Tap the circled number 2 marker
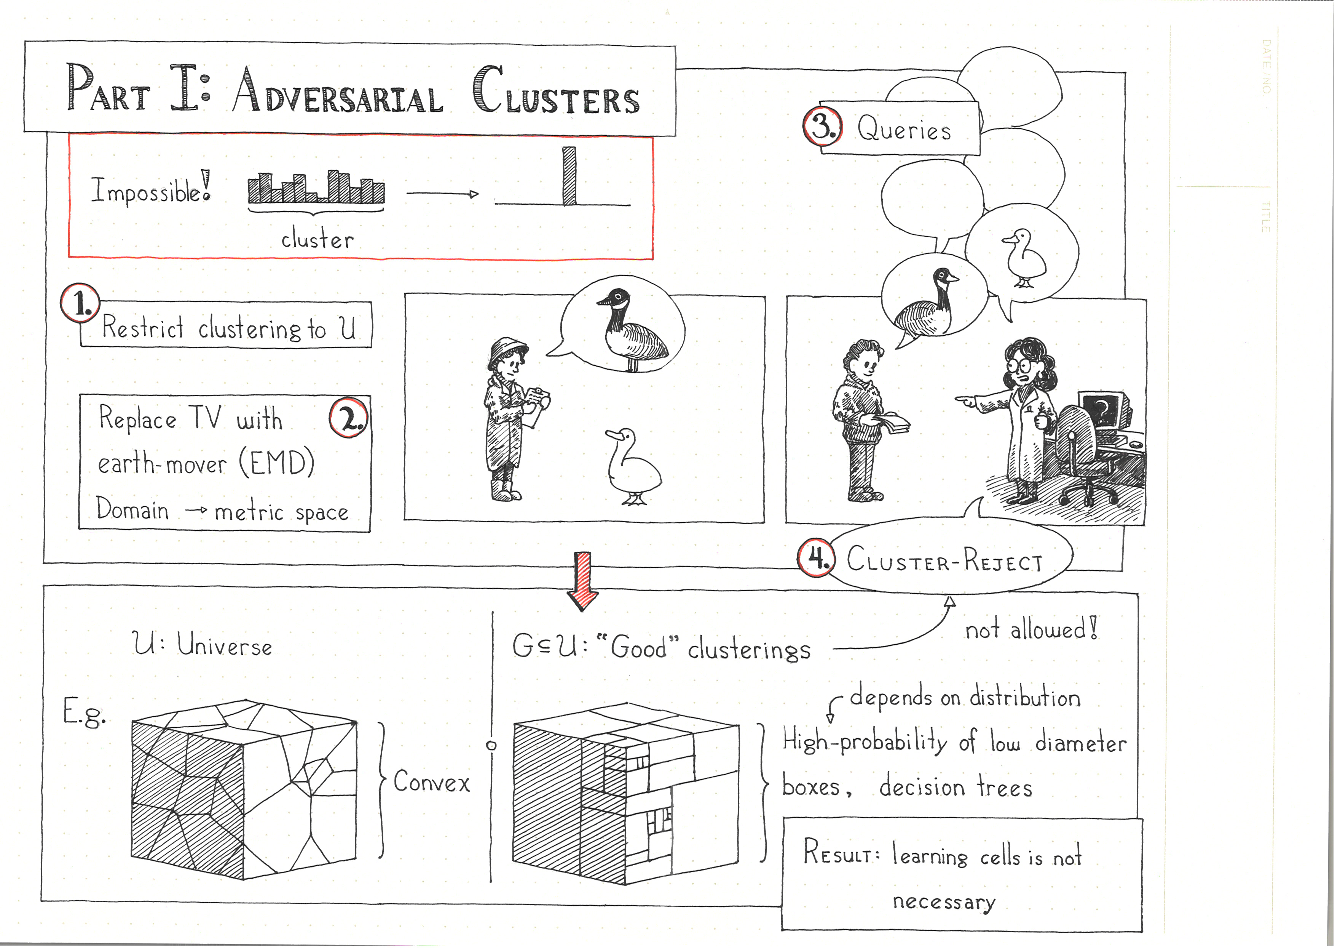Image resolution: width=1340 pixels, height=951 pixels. [x=349, y=418]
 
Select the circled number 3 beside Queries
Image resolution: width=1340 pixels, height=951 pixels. [x=823, y=126]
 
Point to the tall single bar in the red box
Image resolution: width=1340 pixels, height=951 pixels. [x=569, y=176]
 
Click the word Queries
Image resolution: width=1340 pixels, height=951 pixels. [x=904, y=129]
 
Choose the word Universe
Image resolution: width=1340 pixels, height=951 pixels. [x=224, y=646]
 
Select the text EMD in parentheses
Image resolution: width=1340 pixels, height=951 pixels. [x=277, y=463]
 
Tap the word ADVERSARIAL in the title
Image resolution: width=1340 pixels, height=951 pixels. [x=338, y=94]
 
